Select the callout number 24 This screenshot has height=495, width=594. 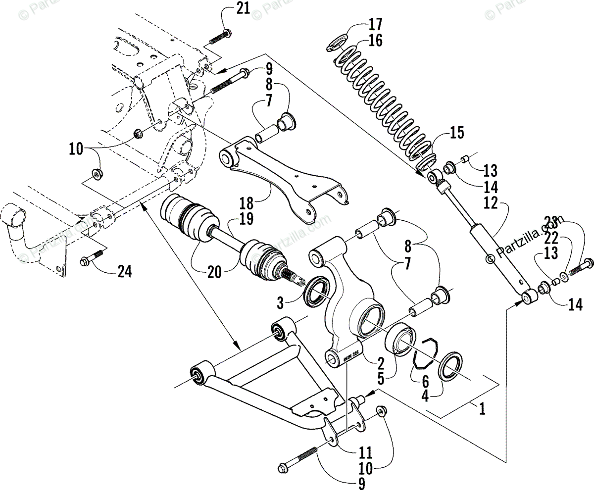(x=125, y=271)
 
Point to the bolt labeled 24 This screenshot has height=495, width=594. (x=91, y=258)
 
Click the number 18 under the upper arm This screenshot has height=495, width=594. (x=246, y=202)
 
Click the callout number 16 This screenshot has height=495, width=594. (x=375, y=40)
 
